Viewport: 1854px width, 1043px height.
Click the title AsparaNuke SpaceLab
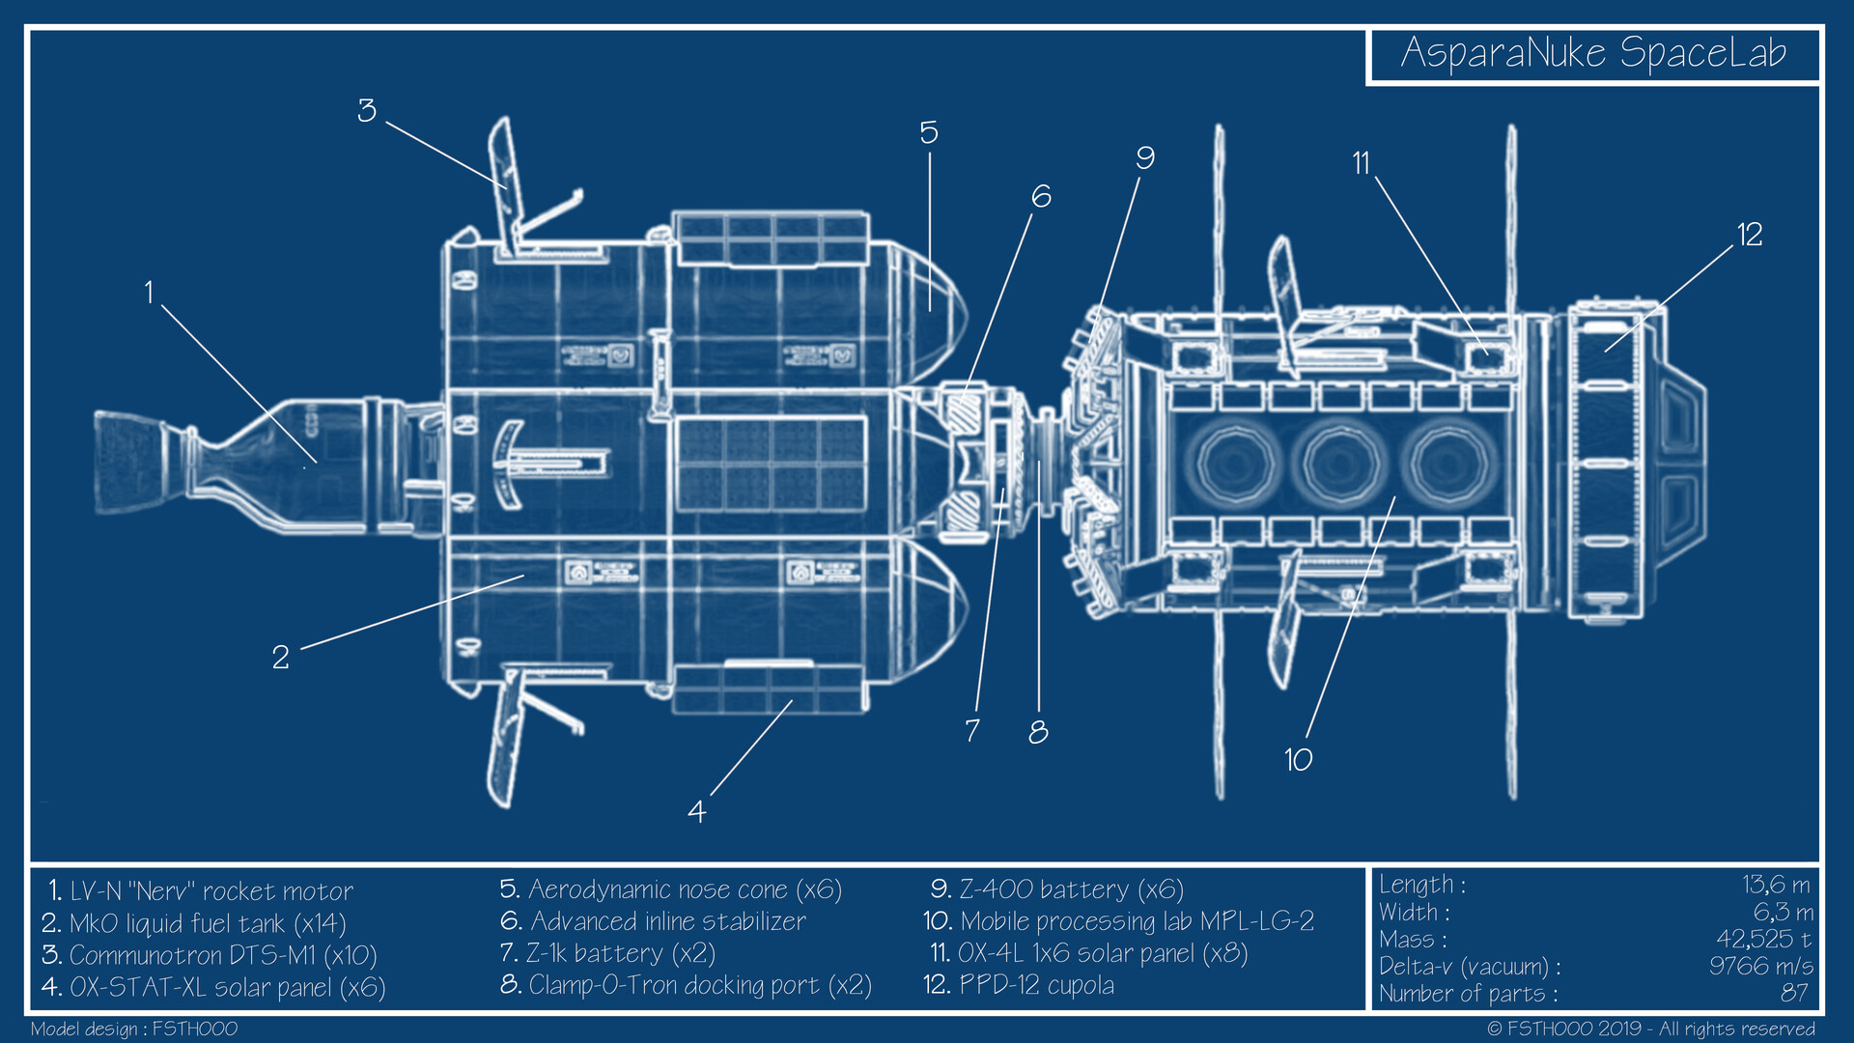click(1593, 53)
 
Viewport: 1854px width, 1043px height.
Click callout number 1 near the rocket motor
click(149, 293)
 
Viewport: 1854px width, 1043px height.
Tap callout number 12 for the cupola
click(1749, 235)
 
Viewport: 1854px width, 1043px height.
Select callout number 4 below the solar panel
click(696, 811)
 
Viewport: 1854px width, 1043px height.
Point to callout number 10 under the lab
click(1298, 760)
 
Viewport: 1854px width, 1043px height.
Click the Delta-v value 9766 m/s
click(1760, 966)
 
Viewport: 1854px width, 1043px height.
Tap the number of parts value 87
click(1794, 993)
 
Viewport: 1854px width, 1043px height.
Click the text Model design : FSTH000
click(134, 1029)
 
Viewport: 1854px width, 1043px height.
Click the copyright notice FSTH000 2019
click(1651, 1029)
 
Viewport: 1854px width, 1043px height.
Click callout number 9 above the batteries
click(1144, 157)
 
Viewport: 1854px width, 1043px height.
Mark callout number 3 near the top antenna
click(366, 110)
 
